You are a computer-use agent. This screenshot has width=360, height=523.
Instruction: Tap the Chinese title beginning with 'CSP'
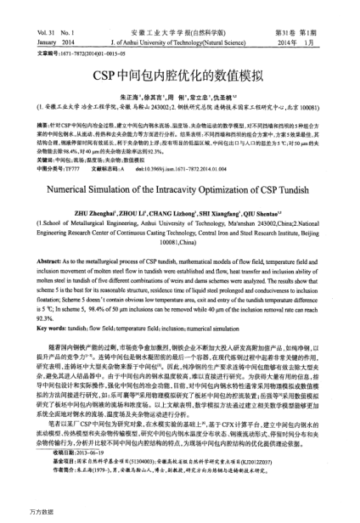[179, 75]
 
